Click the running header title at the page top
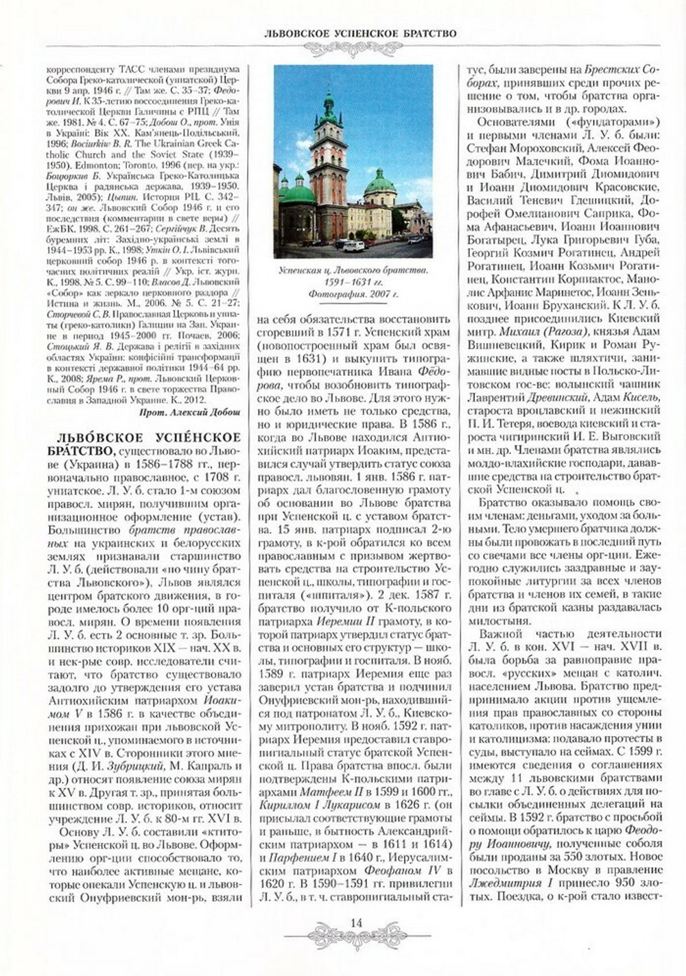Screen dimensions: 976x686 (361, 32)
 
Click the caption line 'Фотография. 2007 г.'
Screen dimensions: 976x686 (353, 294)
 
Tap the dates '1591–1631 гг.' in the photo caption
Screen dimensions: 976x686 (353, 282)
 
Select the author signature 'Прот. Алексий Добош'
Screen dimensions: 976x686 (189, 412)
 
